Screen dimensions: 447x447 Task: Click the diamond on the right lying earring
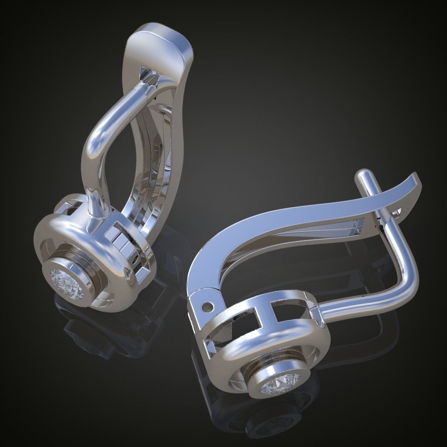[x=277, y=384]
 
